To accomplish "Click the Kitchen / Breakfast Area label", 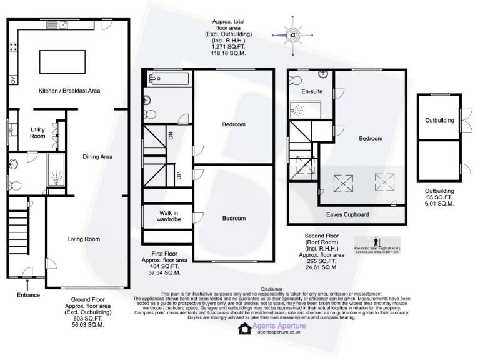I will click(x=69, y=91).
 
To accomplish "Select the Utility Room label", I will click(x=38, y=132).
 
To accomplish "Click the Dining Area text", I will click(x=97, y=156).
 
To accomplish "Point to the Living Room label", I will click(x=84, y=239).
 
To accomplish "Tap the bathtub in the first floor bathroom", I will click(x=167, y=79).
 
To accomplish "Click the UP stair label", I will click(x=179, y=176).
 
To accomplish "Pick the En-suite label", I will click(x=312, y=92).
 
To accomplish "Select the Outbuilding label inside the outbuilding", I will click(x=440, y=120).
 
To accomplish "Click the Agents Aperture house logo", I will click(x=244, y=329).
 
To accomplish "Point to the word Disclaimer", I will click(x=271, y=289).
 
